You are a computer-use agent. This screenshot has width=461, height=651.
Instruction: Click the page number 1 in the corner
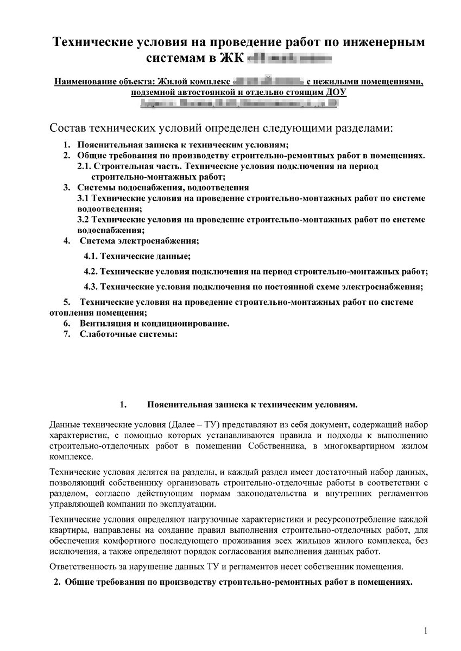426,630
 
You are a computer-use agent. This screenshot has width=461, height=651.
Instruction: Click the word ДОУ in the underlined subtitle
336,92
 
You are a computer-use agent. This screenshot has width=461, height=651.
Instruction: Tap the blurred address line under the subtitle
238,103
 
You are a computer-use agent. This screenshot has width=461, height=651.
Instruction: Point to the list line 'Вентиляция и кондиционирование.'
154,323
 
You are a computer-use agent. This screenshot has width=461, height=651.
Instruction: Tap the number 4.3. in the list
91,286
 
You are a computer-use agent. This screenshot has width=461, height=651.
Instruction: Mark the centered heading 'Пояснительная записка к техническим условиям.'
252,405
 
